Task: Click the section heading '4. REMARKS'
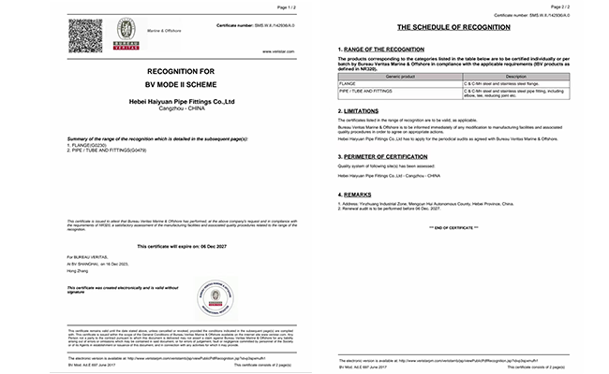click(358, 194)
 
